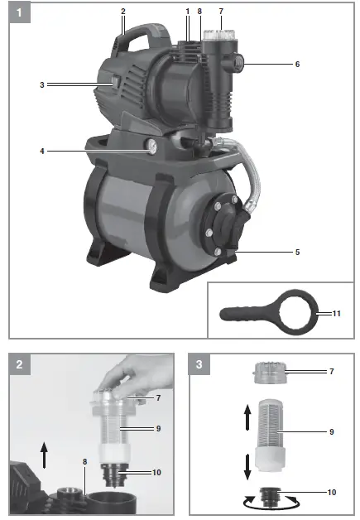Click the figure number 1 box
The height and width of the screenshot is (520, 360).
17,13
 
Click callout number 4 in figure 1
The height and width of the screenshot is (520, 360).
41,151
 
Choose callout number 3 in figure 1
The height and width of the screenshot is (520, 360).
41,84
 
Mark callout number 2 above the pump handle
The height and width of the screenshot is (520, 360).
122,11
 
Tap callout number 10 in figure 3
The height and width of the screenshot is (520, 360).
331,492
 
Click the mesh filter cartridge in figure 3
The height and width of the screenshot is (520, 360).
272,432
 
